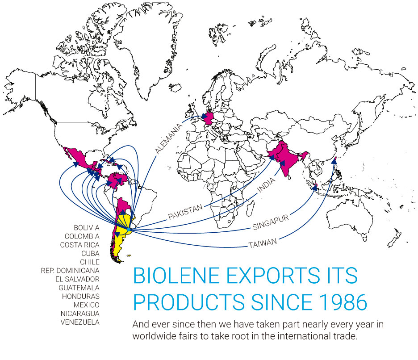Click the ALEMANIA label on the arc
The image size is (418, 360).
[169, 138]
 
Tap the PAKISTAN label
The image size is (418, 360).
[185, 212]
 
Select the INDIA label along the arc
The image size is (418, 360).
[266, 185]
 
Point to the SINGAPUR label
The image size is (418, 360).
[271, 222]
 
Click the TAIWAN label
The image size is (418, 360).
[263, 243]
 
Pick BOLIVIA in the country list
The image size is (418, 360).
[87, 228]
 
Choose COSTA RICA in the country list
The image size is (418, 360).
[79, 245]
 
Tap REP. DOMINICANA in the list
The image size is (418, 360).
[70, 271]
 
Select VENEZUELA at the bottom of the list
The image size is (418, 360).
[80, 322]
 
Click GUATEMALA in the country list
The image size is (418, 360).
[79, 288]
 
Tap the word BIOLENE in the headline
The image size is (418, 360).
[176, 276]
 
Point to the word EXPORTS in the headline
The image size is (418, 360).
[273, 276]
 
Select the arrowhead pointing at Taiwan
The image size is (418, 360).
[334, 160]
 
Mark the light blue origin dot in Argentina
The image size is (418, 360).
[129, 230]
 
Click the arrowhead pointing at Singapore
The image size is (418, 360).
[315, 188]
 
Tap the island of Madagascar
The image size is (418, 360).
[250, 208]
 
